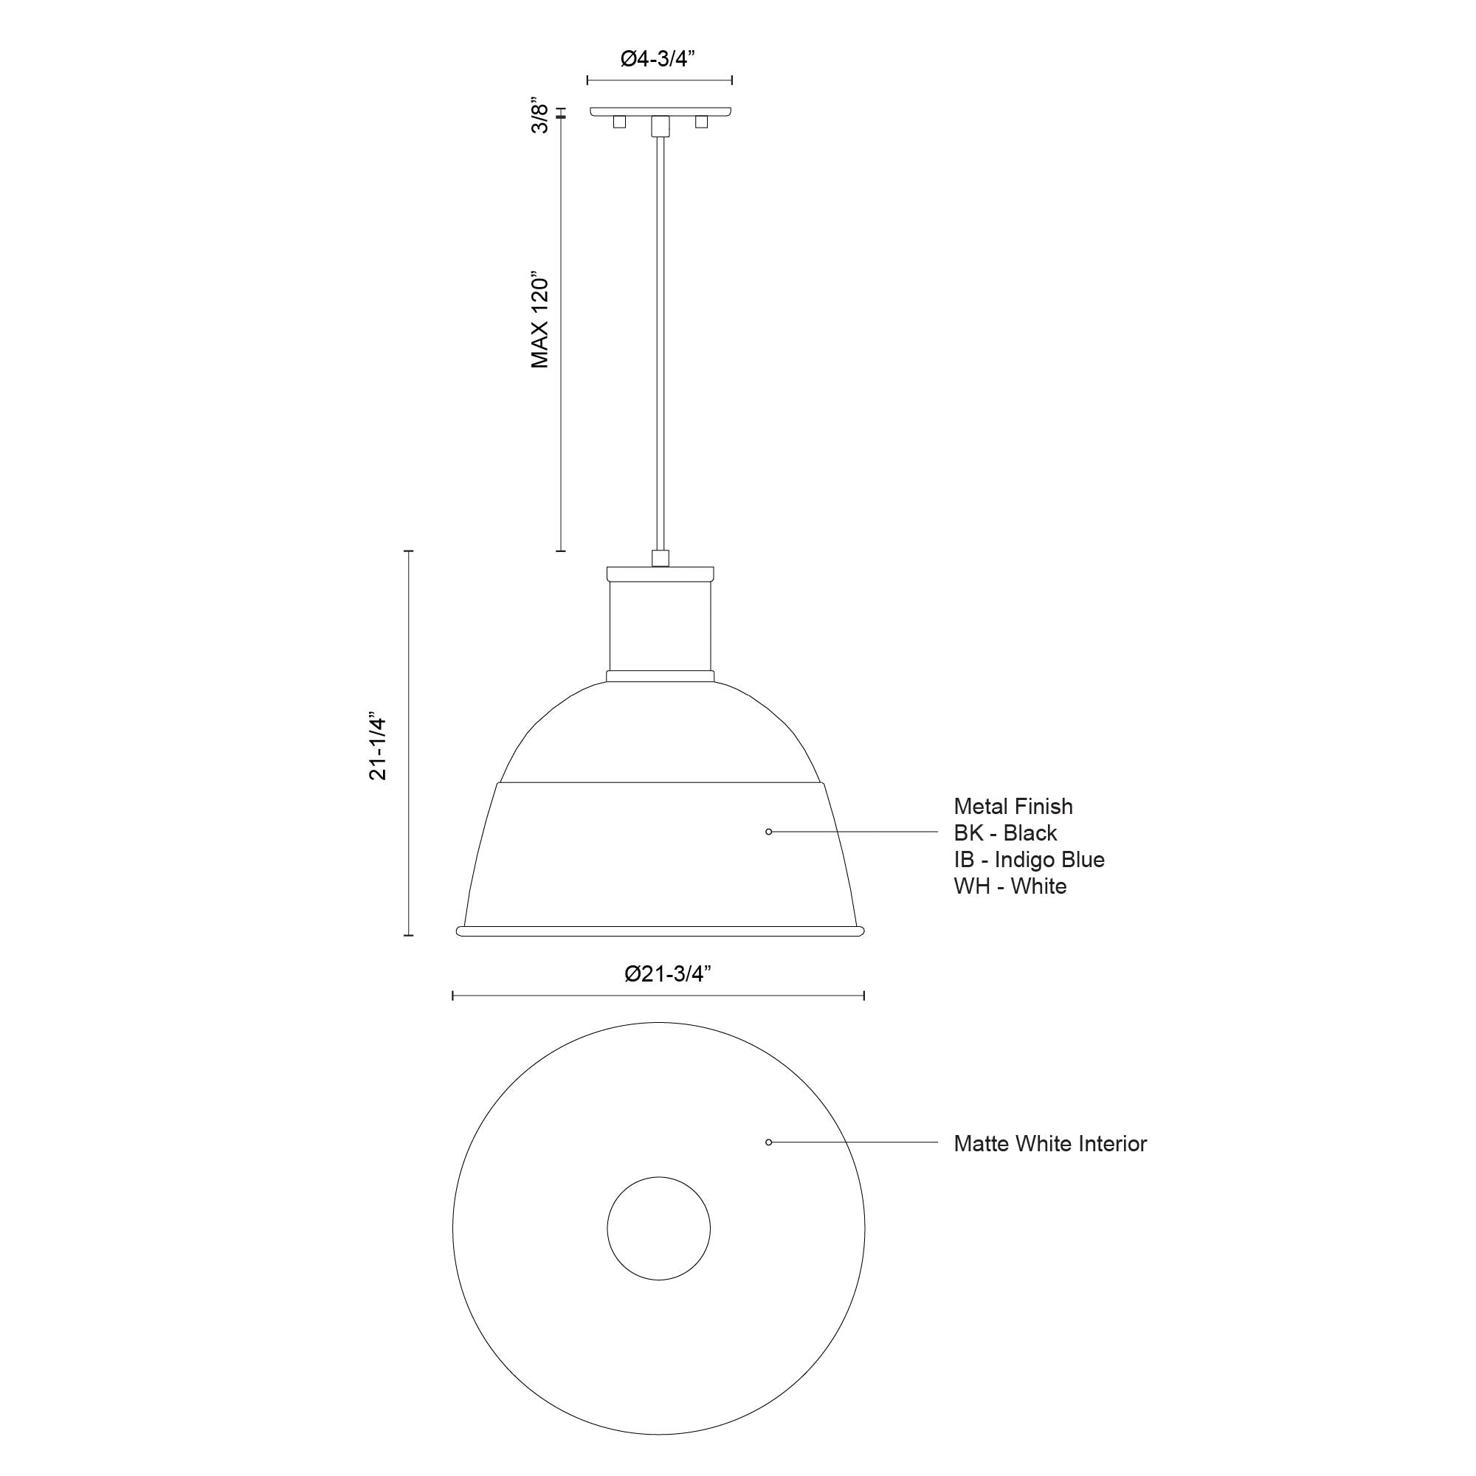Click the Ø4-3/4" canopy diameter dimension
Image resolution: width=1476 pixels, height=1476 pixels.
click(658, 59)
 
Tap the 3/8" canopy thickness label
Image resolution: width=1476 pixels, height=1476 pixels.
click(540, 115)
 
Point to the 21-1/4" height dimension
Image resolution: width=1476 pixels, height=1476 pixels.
click(379, 748)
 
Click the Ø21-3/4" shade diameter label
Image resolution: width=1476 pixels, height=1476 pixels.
click(668, 973)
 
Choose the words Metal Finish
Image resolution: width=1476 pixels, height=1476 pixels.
click(1013, 806)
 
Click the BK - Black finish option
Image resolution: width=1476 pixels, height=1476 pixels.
click(1004, 832)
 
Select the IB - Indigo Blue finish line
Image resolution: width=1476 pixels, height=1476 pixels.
click(1028, 860)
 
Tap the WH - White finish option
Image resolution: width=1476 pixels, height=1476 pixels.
click(1010, 886)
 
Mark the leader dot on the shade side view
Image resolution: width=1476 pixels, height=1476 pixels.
click(768, 831)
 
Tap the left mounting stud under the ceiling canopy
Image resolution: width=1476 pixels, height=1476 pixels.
click(620, 122)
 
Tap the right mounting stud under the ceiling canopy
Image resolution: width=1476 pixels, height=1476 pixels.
click(701, 122)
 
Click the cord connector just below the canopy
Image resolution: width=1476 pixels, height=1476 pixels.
click(660, 125)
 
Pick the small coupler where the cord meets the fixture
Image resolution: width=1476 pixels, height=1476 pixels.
click(660, 558)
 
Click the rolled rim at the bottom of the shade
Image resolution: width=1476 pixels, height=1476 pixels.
click(660, 931)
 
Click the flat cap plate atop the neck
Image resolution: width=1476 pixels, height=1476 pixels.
click(660, 573)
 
